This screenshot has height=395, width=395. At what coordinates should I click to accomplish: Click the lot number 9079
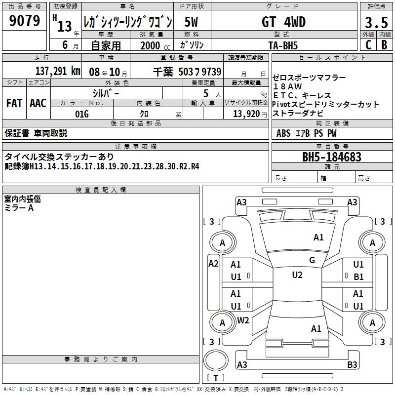tap(24, 20)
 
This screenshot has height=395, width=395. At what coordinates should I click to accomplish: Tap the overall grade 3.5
tap(376, 22)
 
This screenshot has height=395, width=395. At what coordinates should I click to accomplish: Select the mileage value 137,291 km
tap(58, 71)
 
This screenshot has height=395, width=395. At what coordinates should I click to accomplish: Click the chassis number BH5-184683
tap(332, 157)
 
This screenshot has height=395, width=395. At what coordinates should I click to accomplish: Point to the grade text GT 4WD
tap(283, 22)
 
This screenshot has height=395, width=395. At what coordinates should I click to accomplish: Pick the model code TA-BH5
tap(283, 45)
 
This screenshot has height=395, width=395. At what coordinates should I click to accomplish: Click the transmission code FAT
tap(14, 103)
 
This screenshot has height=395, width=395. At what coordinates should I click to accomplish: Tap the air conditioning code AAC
tap(38, 103)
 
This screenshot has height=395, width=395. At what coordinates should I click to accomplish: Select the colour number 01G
tap(82, 114)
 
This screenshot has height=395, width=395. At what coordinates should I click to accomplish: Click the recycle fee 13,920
tap(246, 114)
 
